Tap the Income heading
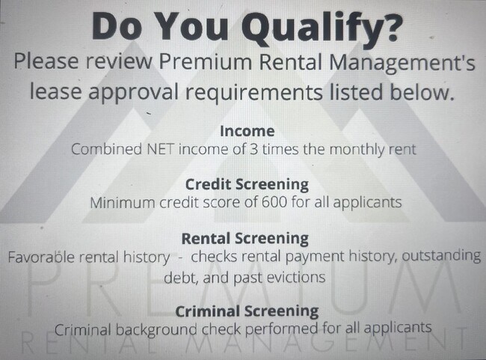coord(247,131)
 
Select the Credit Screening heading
coord(247,185)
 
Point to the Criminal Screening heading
coord(247,311)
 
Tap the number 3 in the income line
coord(254,149)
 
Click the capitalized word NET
coord(160,149)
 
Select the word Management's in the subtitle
coord(402,62)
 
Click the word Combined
coord(106,149)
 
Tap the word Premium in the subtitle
coord(205,61)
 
